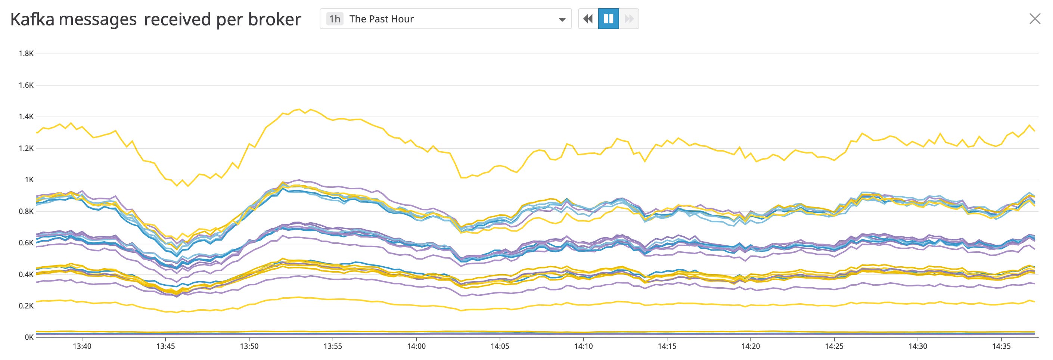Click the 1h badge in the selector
[334, 19]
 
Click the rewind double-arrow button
[588, 19]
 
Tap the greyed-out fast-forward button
[629, 19]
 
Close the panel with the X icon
[1035, 19]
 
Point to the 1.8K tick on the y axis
[26, 53]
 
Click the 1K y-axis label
[29, 180]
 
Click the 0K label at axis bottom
[29, 338]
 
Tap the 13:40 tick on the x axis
[82, 347]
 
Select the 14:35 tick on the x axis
[1001, 347]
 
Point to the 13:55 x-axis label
[332, 347]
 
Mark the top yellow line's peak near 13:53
[299, 109]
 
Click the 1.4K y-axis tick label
[26, 117]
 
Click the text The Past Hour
[381, 19]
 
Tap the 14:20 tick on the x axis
[751, 347]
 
